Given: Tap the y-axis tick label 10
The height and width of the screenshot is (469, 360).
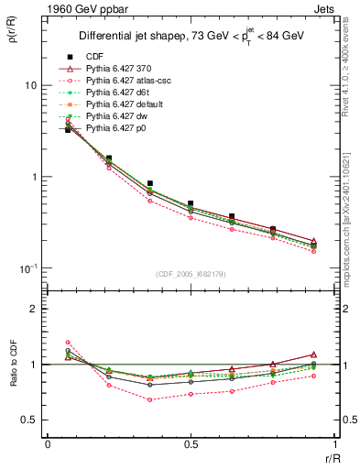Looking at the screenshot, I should coord(30,85).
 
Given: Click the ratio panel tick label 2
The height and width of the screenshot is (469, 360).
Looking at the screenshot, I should coord(34,309).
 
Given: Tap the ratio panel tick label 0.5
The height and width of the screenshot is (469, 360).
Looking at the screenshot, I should coord(30,420).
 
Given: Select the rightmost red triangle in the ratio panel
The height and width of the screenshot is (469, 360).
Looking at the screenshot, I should coord(313,354).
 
